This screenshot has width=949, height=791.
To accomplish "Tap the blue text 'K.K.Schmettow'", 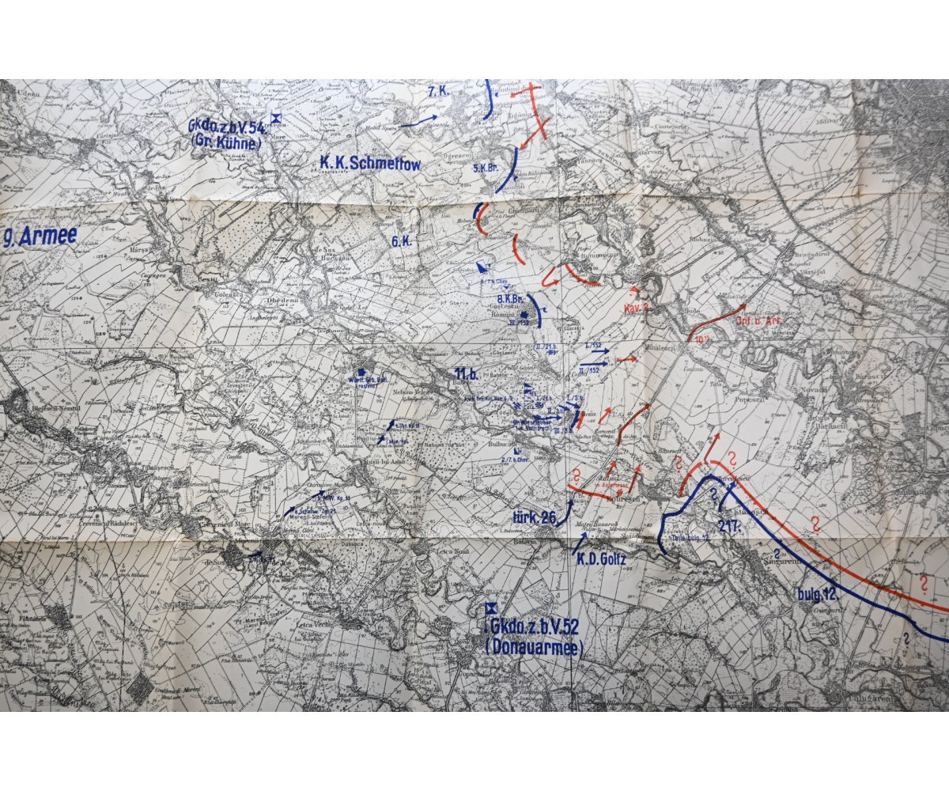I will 370,164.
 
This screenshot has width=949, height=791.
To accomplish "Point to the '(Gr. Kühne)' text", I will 226,143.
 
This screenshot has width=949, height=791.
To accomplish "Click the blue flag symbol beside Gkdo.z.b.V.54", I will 276,119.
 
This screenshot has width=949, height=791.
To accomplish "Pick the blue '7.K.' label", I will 437,92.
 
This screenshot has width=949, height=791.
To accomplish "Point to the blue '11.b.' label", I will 467,373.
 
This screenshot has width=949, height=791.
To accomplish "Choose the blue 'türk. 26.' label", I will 535,519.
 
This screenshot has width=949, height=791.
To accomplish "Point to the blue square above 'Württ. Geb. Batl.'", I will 362,371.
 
